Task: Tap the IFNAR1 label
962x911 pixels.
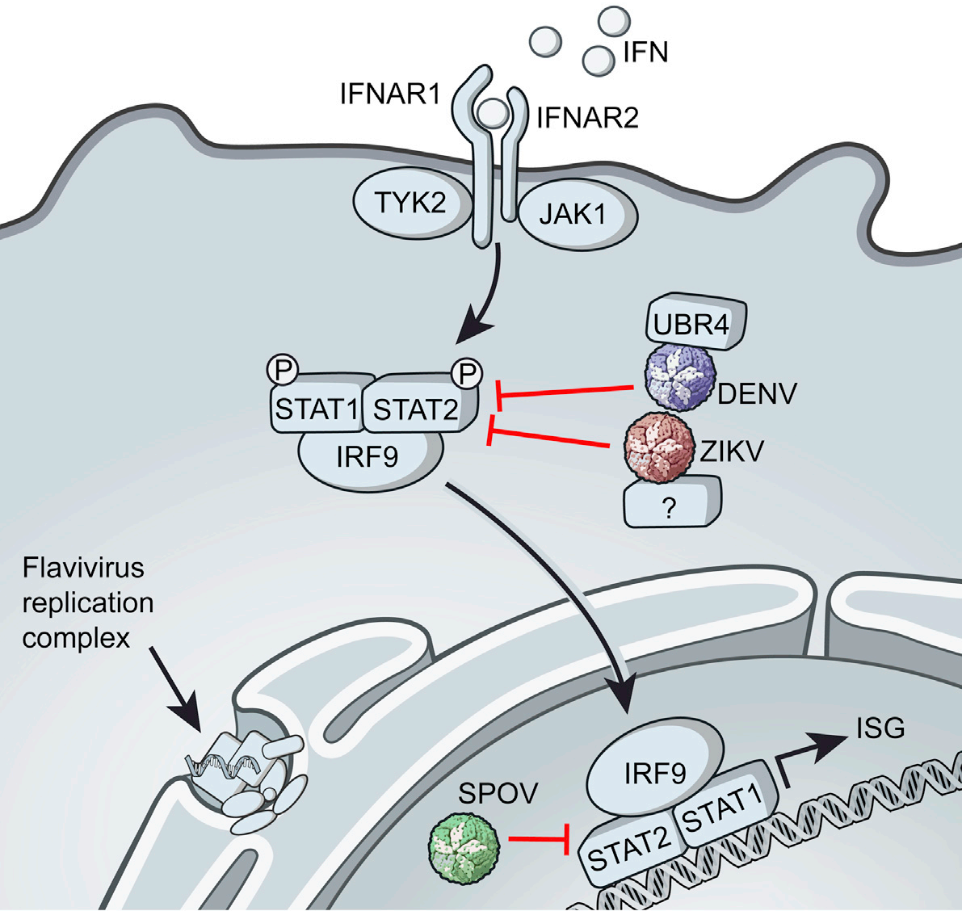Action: tap(390, 95)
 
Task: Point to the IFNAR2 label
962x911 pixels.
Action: tap(587, 118)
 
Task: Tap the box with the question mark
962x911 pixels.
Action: tap(670, 502)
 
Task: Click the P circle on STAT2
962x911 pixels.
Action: tap(467, 373)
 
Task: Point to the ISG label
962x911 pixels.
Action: tap(880, 728)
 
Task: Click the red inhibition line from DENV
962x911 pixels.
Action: tap(565, 393)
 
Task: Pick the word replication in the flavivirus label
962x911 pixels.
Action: tap(88, 602)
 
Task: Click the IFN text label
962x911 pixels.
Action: tap(645, 53)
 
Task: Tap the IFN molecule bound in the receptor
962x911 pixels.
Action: tap(490, 112)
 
